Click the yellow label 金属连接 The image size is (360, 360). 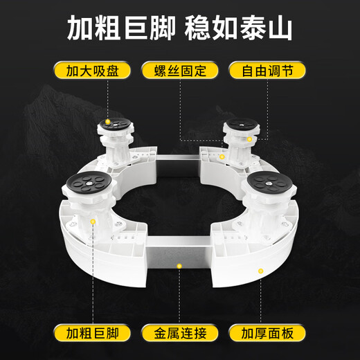coord(179,334)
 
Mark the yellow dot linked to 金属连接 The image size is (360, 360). coord(179,264)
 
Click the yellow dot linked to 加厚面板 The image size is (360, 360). coord(260,270)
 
